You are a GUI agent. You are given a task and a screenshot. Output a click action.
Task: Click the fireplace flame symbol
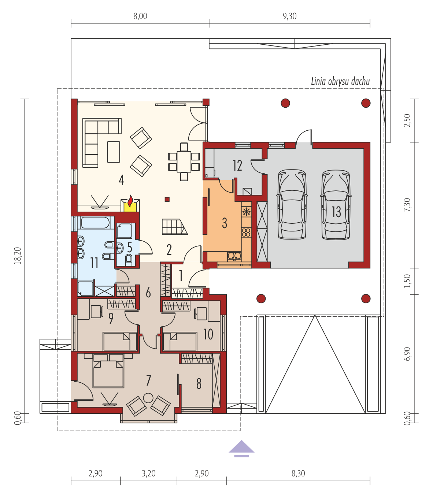pyautogui.click(x=130, y=201)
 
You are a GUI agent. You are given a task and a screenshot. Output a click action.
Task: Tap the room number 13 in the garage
pyautogui.click(x=336, y=212)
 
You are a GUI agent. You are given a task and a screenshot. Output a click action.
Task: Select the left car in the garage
pyautogui.click(x=292, y=204)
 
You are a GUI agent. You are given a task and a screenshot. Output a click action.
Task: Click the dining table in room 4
pyautogui.click(x=184, y=161)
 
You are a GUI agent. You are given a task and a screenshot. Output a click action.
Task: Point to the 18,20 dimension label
pyautogui.click(x=18, y=256)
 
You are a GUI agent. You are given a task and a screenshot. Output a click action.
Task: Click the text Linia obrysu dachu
pyautogui.click(x=340, y=81)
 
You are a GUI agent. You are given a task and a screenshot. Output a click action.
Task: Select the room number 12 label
pyautogui.click(x=237, y=166)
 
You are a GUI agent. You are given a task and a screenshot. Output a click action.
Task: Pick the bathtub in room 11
pyautogui.click(x=95, y=223)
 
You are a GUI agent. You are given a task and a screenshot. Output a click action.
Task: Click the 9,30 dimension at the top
pyautogui.click(x=289, y=16)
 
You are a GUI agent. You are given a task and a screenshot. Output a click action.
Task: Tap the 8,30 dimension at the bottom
pyautogui.click(x=298, y=473)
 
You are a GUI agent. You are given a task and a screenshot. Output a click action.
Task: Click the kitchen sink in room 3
pyautogui.click(x=234, y=256)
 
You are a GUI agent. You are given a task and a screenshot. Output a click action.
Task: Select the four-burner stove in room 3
pyautogui.click(x=246, y=233)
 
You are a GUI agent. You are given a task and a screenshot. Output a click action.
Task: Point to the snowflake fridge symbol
pyautogui.click(x=247, y=212)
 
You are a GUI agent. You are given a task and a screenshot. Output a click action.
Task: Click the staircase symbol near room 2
pyautogui.click(x=174, y=227)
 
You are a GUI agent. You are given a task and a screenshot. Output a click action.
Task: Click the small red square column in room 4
pyautogui.click(x=167, y=199)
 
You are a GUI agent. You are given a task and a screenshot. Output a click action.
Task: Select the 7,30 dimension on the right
pyautogui.click(x=407, y=205)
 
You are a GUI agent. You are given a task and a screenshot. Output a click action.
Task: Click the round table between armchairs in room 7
pyautogui.click(x=148, y=398)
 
